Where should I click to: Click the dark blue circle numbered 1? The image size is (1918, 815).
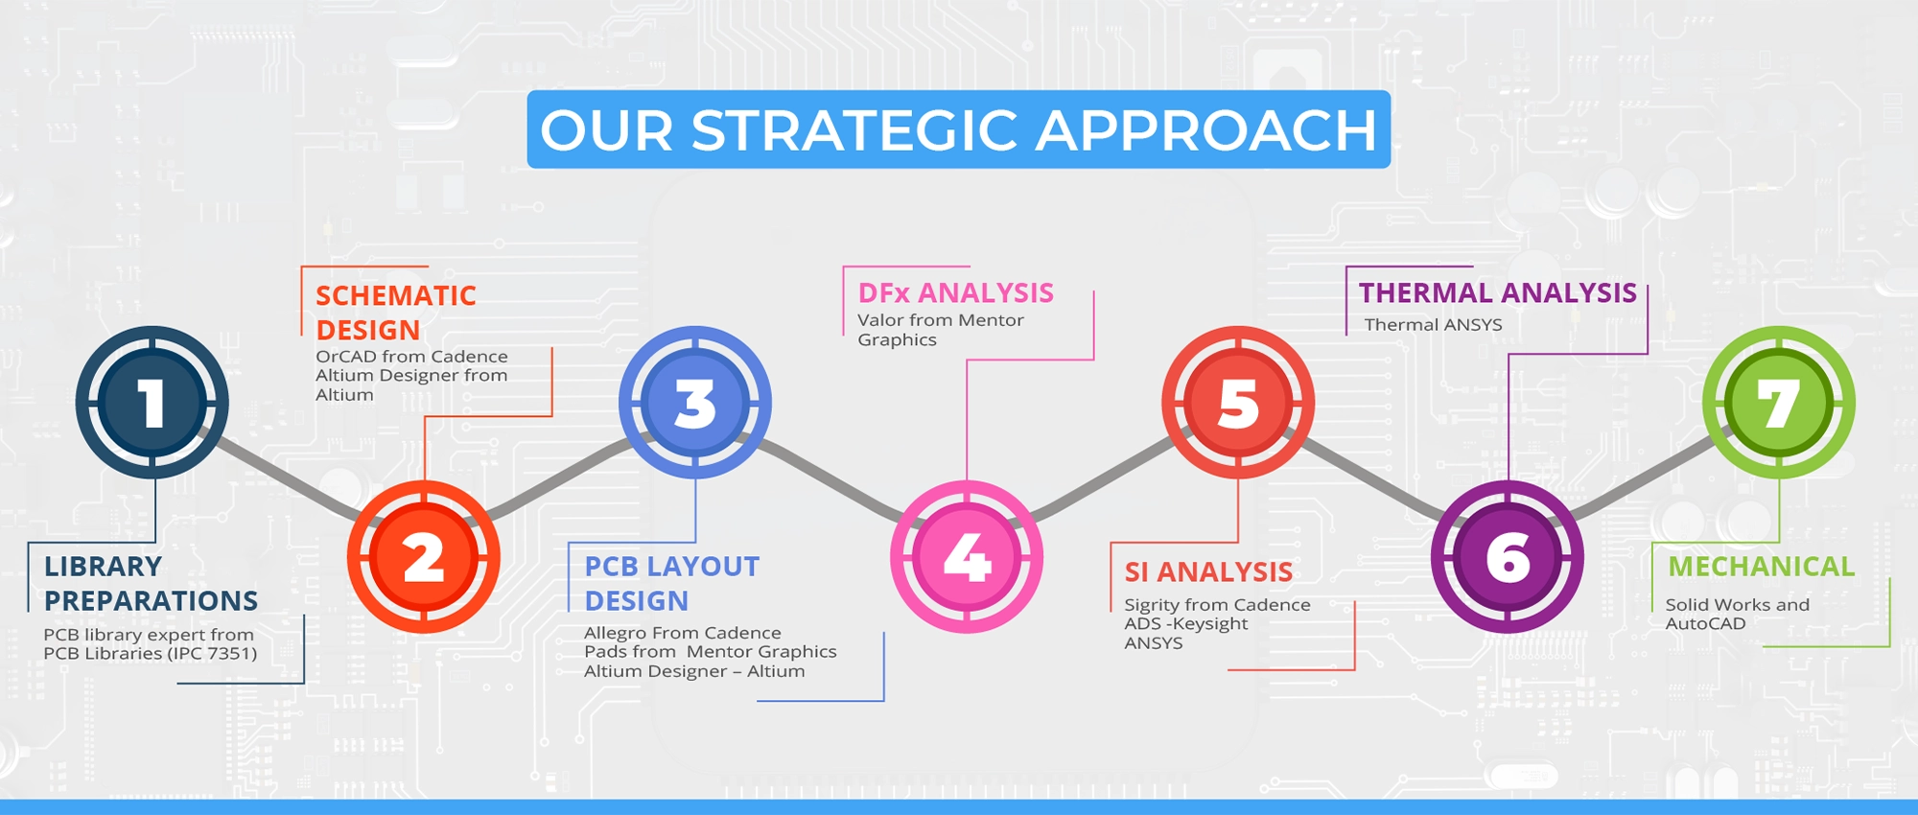click(152, 402)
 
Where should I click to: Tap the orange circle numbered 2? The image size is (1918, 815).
click(423, 557)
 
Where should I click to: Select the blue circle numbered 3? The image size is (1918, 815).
click(695, 402)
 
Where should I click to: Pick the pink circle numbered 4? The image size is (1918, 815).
click(967, 557)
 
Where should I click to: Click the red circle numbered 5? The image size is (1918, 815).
click(1238, 402)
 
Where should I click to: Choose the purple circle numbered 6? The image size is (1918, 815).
click(1508, 557)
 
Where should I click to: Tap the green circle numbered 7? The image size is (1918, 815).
click(1779, 402)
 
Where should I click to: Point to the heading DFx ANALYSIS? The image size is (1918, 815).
click(955, 292)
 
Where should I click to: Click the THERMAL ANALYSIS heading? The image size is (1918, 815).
click(1497, 292)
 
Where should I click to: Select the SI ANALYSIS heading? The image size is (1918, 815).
click(1208, 572)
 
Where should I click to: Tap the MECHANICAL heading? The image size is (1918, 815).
click(1761, 567)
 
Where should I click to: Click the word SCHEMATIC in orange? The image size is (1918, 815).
click(396, 295)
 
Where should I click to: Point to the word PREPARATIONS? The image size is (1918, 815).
click(151, 600)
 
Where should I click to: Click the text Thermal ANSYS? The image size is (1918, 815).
click(1433, 325)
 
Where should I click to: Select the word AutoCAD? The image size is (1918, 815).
click(1705, 623)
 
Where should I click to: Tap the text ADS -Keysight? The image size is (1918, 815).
click(1186, 624)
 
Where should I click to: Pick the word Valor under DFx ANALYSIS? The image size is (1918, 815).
click(880, 320)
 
